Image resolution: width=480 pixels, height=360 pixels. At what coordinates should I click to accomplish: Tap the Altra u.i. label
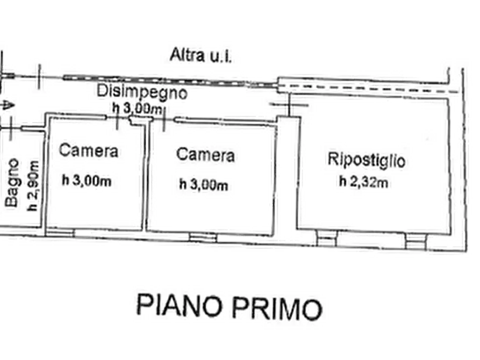click(199, 55)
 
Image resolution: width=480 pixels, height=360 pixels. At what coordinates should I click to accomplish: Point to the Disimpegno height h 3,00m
click(137, 107)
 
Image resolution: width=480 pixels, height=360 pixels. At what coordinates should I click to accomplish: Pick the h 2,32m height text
click(363, 183)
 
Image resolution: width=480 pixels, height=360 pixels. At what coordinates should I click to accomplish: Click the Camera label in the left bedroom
click(89, 150)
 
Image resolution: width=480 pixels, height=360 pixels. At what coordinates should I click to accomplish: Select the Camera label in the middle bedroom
click(206, 155)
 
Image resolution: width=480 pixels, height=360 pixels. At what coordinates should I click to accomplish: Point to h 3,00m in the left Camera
click(87, 181)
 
